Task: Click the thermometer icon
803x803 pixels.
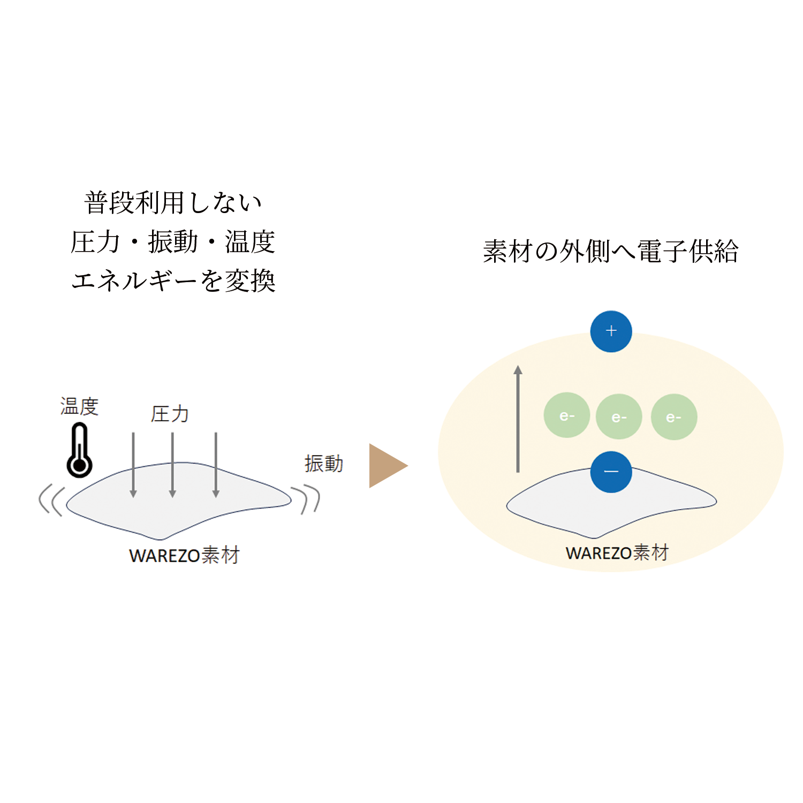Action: [80, 451]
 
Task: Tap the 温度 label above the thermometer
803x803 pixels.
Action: [79, 406]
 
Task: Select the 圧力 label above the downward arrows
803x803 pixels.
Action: [170, 414]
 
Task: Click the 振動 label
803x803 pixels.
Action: [323, 464]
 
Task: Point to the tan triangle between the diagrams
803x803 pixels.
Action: [387, 466]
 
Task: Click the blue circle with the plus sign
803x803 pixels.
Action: [611, 331]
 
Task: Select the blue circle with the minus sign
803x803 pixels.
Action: [611, 472]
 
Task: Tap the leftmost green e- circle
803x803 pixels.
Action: [566, 416]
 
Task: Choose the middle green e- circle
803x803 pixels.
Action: [619, 417]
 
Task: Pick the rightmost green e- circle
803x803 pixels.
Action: [673, 417]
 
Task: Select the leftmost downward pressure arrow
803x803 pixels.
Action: [133, 465]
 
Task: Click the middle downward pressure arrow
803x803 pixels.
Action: [172, 465]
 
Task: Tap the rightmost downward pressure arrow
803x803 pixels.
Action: [216, 465]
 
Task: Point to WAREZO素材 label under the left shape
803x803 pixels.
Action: [184, 556]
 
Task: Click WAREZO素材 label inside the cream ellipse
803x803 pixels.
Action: [617, 552]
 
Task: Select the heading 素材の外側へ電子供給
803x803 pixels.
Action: [610, 251]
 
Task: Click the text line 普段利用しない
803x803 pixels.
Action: [173, 203]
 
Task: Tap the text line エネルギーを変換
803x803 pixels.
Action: [173, 281]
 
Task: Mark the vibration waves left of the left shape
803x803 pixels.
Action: [52, 500]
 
